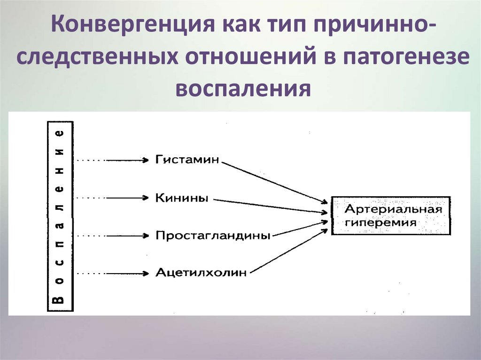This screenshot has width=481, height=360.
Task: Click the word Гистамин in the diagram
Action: [187, 160]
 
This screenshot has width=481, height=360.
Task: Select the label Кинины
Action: [182, 198]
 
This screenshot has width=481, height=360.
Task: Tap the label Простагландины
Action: [213, 235]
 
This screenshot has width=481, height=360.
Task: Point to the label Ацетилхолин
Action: [201, 273]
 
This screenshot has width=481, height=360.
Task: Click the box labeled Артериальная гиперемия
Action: [391, 215]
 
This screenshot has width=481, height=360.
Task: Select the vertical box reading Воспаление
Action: [60, 216]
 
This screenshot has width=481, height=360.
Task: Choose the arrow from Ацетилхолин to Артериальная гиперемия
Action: [289, 252]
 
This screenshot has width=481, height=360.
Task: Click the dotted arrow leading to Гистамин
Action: [113, 161]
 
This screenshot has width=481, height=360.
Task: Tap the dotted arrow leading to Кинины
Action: [113, 198]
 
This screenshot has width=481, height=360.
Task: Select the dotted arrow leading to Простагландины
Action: [113, 235]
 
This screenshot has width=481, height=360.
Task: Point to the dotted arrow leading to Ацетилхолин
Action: [113, 273]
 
